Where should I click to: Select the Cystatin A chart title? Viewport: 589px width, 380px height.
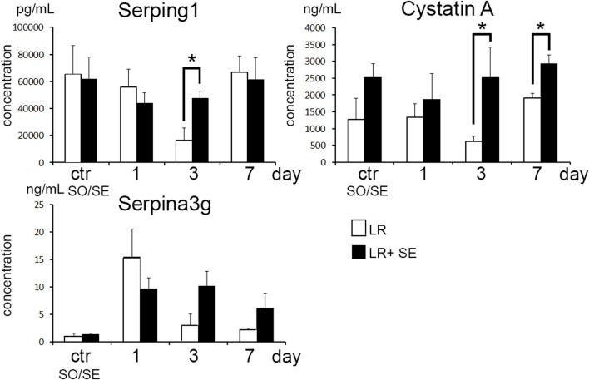coord(448,13)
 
